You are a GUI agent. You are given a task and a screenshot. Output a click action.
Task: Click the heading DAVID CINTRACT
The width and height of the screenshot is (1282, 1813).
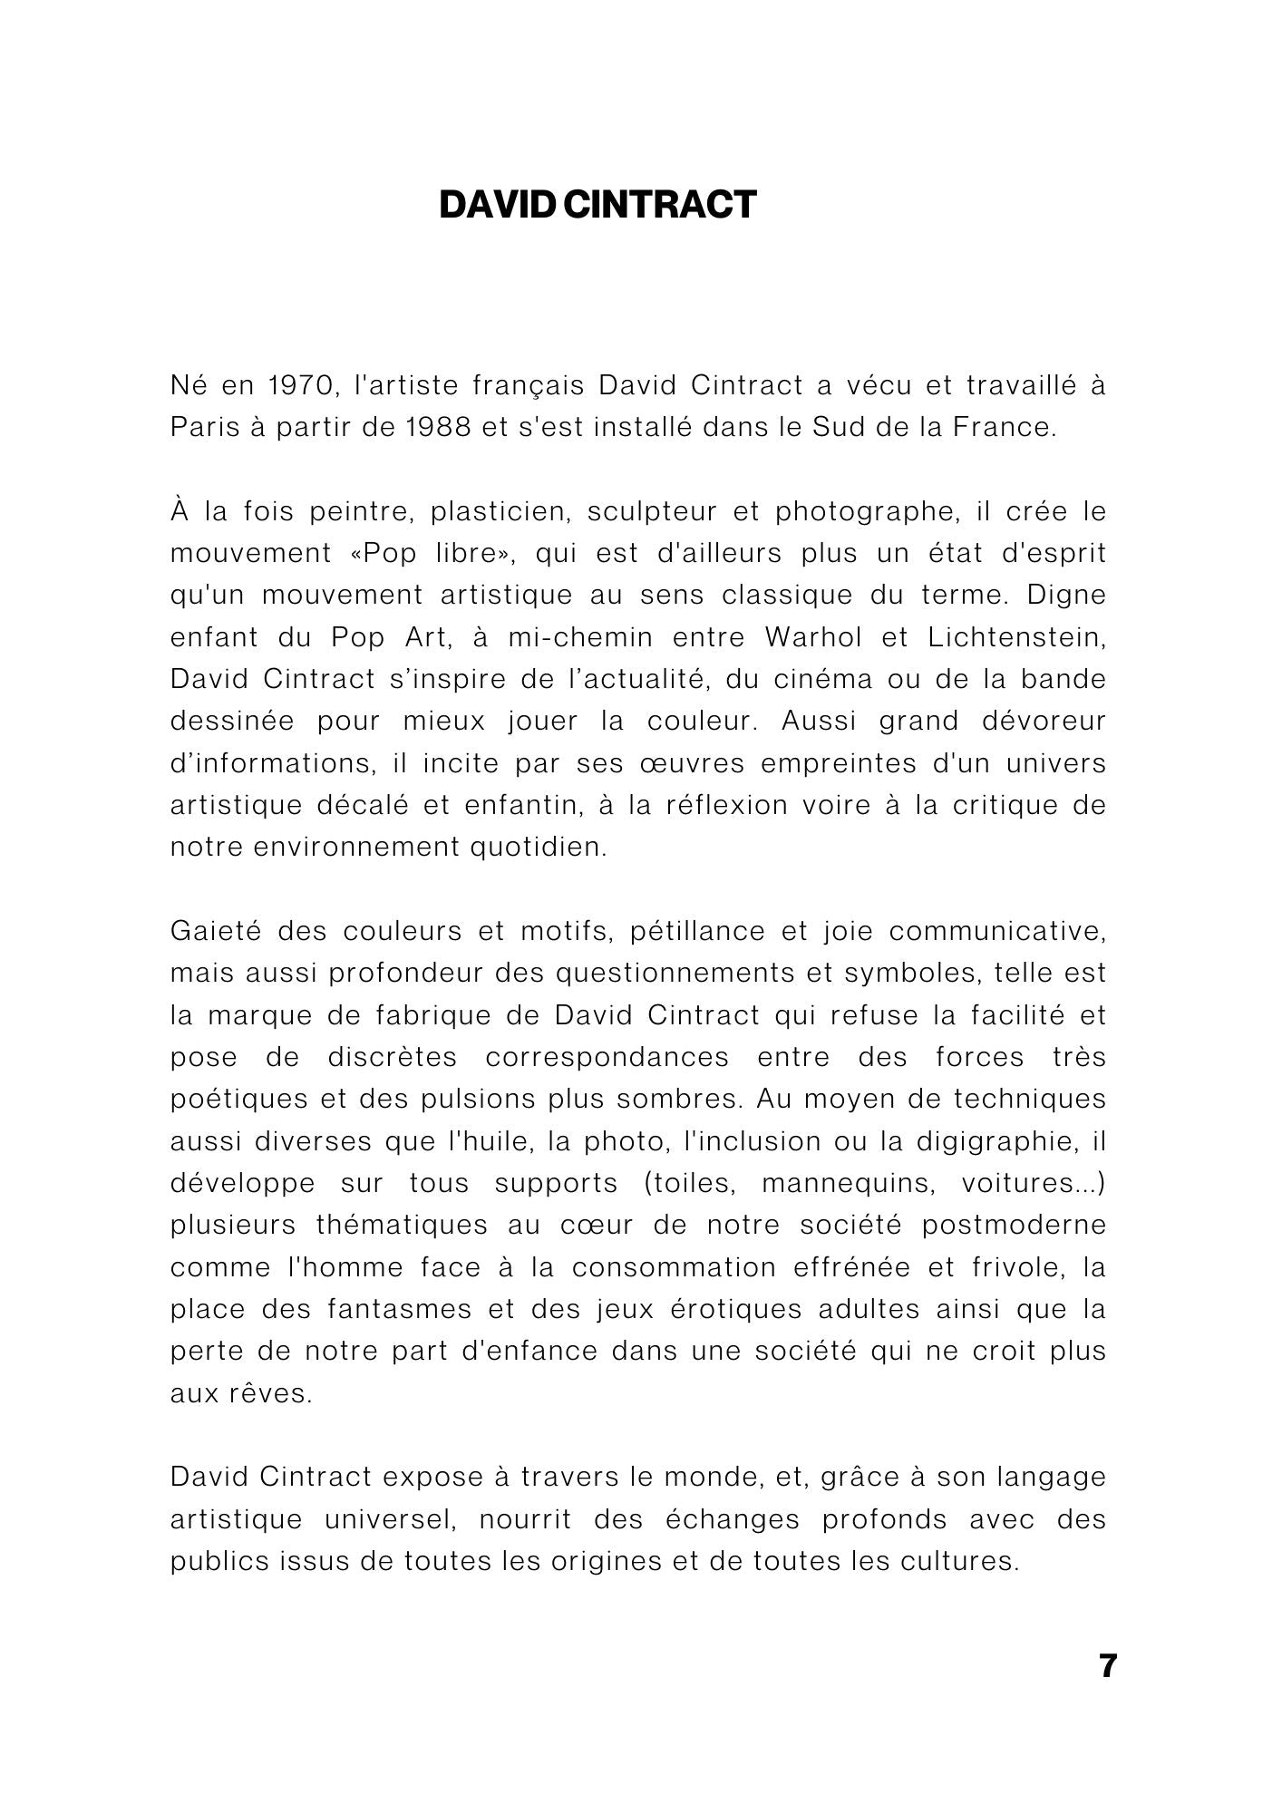click(597, 205)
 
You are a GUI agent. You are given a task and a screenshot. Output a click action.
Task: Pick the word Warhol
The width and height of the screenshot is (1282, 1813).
click(813, 637)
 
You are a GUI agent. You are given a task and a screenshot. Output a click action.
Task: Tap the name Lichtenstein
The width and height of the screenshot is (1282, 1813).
click(1016, 637)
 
